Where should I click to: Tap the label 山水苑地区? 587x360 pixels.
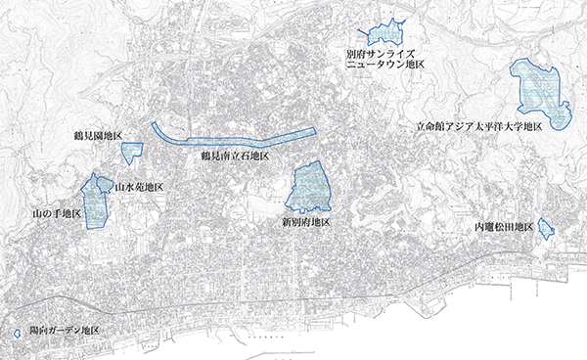click(139, 186)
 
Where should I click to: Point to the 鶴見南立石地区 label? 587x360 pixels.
click(235, 156)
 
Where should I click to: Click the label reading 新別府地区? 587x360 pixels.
click(305, 222)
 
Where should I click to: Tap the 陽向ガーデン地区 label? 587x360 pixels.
click(66, 332)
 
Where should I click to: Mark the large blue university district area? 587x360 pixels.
click(541, 93)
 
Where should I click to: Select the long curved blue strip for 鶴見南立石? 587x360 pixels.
click(235, 138)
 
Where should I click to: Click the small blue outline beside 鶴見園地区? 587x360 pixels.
click(132, 151)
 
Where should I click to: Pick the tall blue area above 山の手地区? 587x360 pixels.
click(96, 201)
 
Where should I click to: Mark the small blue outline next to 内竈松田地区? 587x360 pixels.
click(546, 229)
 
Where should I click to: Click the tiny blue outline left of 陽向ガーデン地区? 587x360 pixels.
click(17, 334)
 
